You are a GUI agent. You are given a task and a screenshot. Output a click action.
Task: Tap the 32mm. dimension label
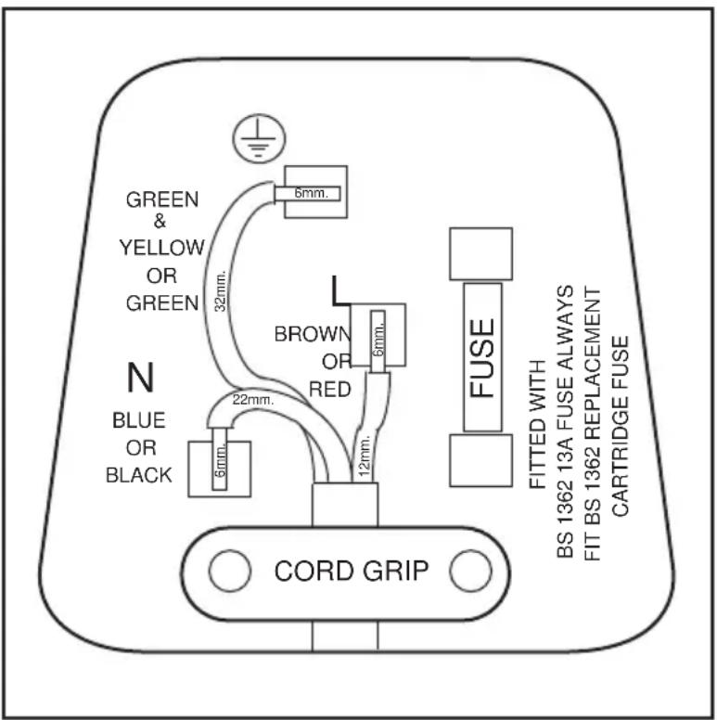[x=221, y=291]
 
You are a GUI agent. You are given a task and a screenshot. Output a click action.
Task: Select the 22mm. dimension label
[x=253, y=400]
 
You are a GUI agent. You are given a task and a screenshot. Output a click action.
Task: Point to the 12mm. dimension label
[x=365, y=456]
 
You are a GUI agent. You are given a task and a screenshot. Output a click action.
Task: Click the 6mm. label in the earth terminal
[x=312, y=193]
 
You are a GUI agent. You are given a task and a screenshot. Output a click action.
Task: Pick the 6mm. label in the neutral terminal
[x=221, y=460]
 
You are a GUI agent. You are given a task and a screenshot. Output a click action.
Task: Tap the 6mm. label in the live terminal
[x=378, y=339]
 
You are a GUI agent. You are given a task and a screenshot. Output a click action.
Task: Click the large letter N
[x=140, y=377]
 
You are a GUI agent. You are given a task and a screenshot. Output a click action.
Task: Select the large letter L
[x=339, y=290]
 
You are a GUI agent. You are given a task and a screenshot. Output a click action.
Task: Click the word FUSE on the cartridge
[x=482, y=358]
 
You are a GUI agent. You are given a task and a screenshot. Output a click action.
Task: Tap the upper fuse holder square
[x=480, y=253]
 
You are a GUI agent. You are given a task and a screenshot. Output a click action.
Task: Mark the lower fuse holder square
[x=480, y=460]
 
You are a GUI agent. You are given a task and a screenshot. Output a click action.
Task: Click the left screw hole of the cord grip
[x=229, y=571]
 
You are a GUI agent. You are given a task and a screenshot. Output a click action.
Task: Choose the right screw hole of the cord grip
[x=470, y=571]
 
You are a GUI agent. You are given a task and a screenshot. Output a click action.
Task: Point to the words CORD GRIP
[x=352, y=571]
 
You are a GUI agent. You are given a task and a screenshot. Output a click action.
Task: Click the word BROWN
[x=313, y=334]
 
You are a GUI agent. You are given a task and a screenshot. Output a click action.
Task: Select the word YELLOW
[x=161, y=248]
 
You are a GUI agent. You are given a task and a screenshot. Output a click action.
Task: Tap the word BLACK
[x=138, y=475]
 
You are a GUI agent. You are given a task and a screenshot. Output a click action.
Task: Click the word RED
[x=329, y=390]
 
